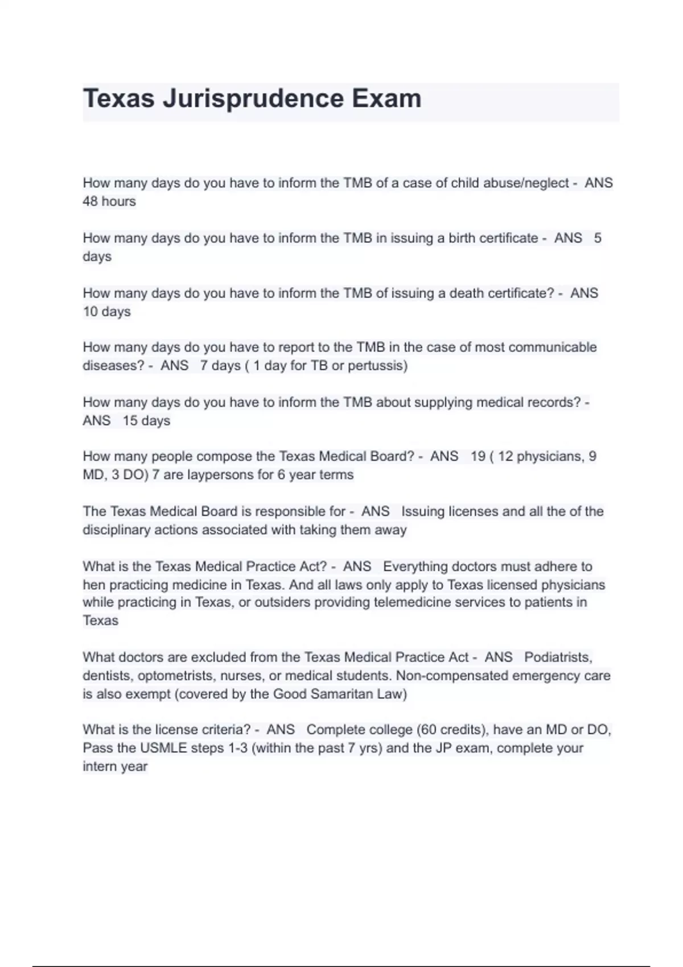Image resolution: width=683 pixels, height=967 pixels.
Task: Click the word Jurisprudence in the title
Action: point(253,99)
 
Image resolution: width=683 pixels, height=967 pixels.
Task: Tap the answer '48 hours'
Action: point(109,201)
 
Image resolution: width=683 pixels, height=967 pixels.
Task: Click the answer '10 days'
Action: point(107,312)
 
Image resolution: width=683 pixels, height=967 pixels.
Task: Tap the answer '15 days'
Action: point(146,420)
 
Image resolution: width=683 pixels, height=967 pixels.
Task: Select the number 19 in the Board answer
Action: point(478,456)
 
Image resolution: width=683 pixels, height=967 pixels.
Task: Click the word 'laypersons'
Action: point(212,474)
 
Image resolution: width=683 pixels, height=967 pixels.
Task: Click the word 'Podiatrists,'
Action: point(558,657)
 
